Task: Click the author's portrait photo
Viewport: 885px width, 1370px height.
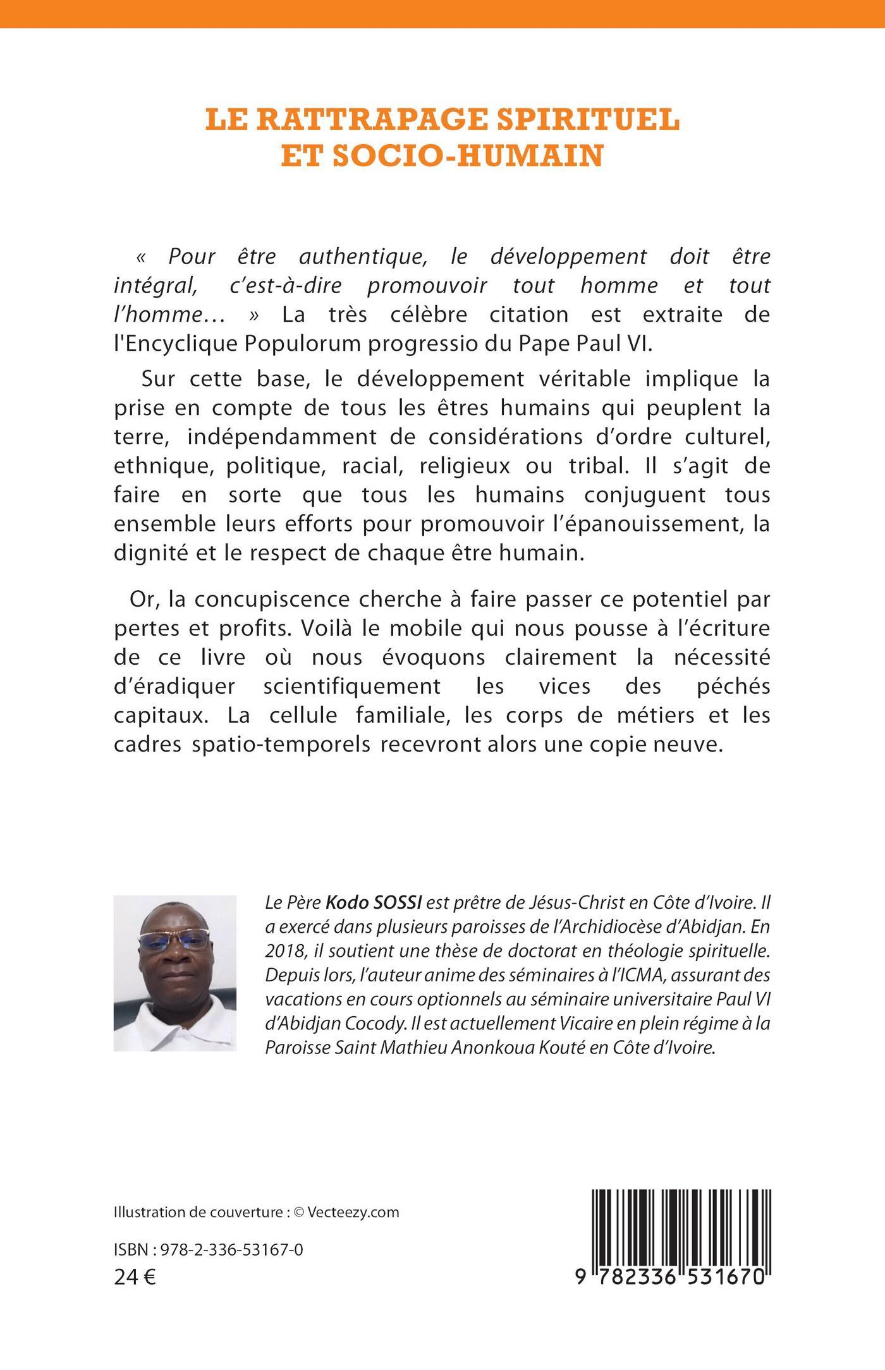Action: (x=174, y=973)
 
